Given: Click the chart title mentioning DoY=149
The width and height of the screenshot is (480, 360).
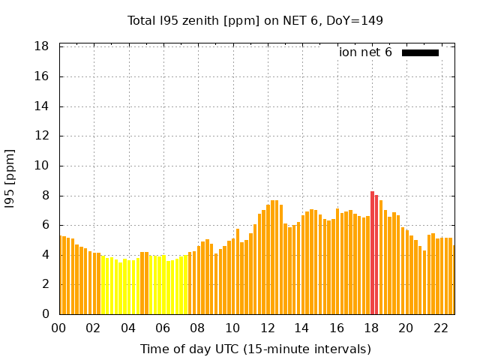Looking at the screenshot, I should click(x=255, y=21).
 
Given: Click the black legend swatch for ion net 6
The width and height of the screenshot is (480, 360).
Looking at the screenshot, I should click(x=420, y=52).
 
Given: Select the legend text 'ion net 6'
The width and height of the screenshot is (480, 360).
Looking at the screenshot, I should click(x=365, y=52).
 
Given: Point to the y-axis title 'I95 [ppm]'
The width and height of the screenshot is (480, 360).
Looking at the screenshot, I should click(x=10, y=178).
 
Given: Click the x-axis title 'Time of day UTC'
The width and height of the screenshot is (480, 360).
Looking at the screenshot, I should click(x=255, y=349).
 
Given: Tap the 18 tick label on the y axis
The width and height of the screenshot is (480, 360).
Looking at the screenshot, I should click(x=42, y=46).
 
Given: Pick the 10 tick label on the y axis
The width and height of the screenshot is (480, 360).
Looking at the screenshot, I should click(x=42, y=166).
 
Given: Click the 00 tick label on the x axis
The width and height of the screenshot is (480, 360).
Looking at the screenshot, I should click(x=59, y=328).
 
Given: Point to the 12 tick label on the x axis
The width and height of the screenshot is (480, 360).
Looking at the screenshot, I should click(x=267, y=328).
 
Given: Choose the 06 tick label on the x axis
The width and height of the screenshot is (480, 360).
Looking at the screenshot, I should click(x=163, y=328).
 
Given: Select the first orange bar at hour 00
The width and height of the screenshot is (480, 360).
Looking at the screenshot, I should click(x=61, y=275).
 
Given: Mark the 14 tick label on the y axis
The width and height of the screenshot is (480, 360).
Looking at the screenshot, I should click(x=42, y=106).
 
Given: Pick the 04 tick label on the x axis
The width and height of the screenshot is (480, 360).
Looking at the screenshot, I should click(x=128, y=328).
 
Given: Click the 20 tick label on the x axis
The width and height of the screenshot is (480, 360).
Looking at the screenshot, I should click(x=406, y=328).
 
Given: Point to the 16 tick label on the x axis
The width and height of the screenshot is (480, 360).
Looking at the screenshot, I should click(x=337, y=328).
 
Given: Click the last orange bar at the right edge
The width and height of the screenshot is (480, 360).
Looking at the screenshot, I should click(x=453, y=280).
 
